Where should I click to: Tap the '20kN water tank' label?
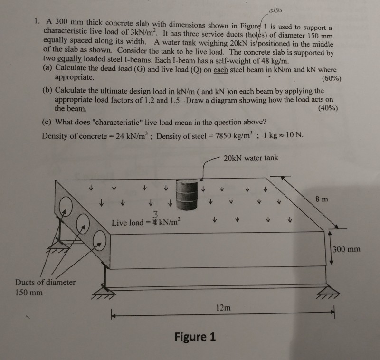pyautogui.click(x=251, y=158)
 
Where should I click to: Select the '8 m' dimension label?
pyautogui.click(x=321, y=199)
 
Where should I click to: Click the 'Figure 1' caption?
pyautogui.click(x=195, y=337)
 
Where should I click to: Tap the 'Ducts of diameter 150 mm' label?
pyautogui.click(x=45, y=287)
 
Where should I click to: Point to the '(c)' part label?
pyautogui.click(x=48, y=122)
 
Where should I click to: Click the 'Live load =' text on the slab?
pyautogui.click(x=131, y=222)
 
